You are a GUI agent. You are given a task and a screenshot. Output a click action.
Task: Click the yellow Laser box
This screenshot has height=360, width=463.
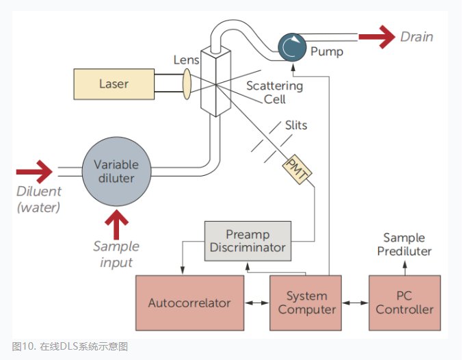114,85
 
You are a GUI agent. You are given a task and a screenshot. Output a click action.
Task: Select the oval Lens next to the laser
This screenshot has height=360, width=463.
186,84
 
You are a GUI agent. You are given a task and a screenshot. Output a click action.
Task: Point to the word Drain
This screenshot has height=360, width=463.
416,37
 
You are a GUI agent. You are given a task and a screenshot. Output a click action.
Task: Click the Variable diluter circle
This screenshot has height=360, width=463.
116,171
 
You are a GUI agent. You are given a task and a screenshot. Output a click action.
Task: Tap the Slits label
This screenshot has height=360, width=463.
295,125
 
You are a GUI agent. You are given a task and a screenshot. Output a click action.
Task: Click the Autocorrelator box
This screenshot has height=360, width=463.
189,303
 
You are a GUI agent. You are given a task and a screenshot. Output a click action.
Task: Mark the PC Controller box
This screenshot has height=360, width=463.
406,303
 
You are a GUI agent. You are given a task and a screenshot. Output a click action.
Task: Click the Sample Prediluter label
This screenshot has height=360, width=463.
404,245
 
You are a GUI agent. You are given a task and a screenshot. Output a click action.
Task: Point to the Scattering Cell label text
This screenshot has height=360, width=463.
274,92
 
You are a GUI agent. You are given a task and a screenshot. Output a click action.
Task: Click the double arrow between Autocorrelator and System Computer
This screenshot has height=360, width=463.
256,303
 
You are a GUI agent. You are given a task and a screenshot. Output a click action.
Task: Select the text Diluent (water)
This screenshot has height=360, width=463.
38,198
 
